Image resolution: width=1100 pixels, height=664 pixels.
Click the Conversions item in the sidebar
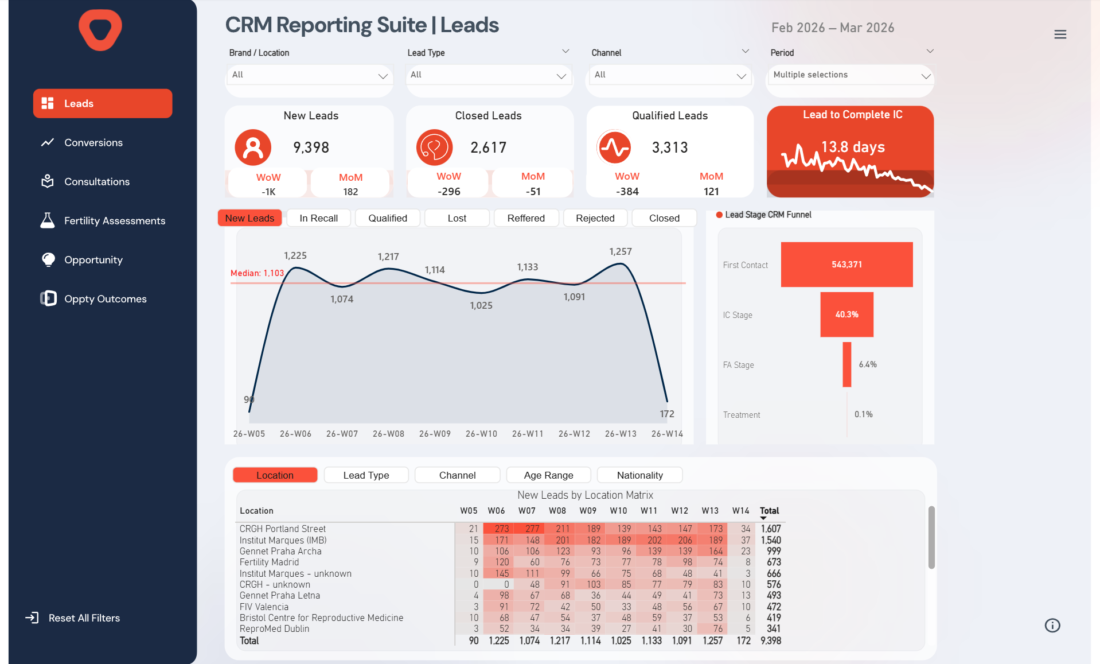(93, 142)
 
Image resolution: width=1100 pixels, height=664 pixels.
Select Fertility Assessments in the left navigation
(114, 220)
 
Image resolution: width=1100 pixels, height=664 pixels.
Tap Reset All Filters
(84, 618)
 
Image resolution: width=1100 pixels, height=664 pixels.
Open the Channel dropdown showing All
(669, 75)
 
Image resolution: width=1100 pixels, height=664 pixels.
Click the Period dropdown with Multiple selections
(850, 75)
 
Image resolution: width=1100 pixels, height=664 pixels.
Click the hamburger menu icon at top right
(1060, 34)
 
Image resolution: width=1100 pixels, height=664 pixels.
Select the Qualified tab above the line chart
(388, 218)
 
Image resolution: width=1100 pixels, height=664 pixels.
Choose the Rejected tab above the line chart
(595, 218)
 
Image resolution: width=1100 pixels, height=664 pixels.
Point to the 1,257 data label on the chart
(620, 251)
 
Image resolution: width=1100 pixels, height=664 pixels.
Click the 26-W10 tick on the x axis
(481, 434)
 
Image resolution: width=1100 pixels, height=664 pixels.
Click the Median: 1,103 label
(257, 273)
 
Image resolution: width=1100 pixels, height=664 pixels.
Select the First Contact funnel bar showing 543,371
(847, 265)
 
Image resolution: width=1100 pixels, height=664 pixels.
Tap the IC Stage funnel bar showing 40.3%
(847, 314)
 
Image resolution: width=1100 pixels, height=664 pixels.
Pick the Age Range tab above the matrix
(548, 475)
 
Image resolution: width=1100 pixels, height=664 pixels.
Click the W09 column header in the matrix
(587, 511)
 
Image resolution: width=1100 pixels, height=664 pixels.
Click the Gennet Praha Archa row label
(280, 551)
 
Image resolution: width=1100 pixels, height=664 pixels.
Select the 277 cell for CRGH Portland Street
(532, 529)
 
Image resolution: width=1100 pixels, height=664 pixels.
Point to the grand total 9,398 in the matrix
(770, 640)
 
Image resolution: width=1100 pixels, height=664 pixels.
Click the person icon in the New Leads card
(253, 147)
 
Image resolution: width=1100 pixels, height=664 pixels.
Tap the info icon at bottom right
(1052, 626)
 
